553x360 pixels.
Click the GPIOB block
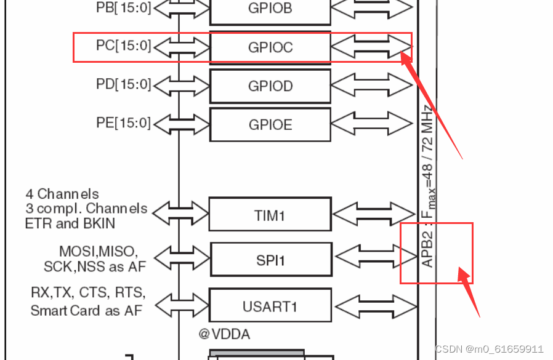point(270,9)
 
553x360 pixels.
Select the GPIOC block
point(270,47)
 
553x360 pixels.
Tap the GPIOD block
point(270,86)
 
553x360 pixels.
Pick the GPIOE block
point(270,125)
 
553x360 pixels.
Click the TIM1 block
point(270,215)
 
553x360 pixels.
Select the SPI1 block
point(271,260)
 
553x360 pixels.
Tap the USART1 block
point(270,305)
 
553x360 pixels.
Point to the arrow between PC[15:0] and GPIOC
point(181,47)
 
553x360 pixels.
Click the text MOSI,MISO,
point(99,252)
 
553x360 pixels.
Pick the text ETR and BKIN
point(70,223)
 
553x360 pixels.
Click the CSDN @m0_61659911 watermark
point(489,349)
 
